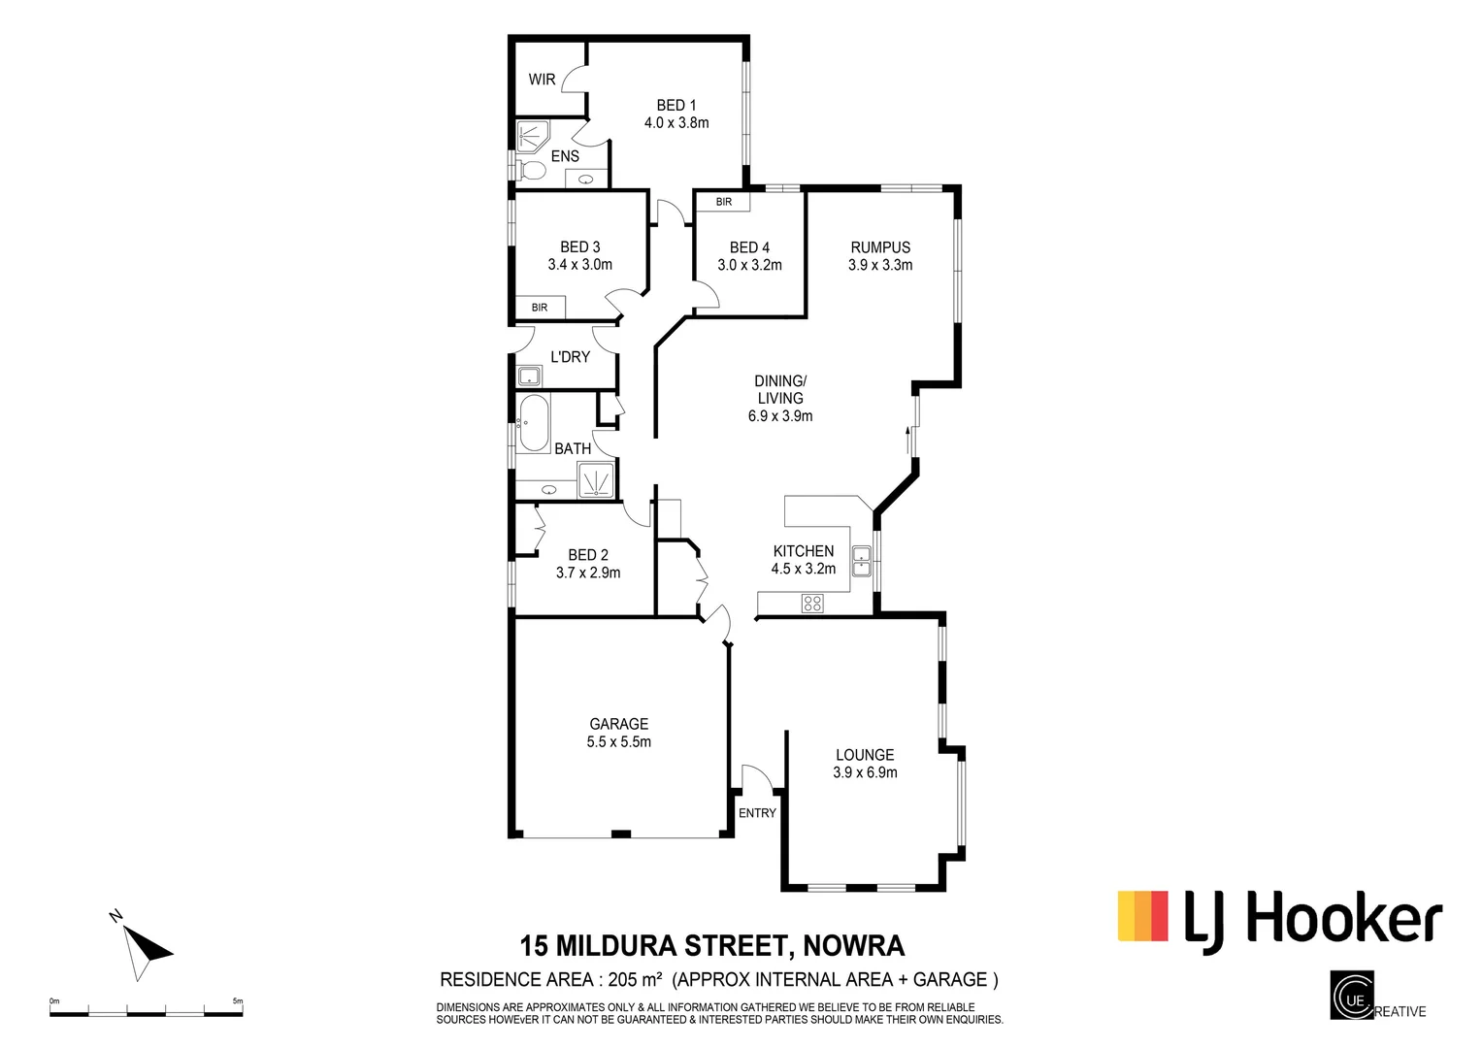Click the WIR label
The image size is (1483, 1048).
542,80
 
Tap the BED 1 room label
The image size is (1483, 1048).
676,105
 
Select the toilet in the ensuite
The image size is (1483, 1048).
531,172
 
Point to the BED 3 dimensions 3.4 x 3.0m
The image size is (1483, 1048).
580,265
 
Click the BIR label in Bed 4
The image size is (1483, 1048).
723,202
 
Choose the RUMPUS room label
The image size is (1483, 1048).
880,247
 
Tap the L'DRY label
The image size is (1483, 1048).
570,357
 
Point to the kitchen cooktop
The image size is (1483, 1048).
812,604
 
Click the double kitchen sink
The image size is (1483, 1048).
861,561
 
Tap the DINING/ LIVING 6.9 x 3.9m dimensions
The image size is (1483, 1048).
780,416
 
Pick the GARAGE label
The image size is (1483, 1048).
619,724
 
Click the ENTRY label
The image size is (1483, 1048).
757,813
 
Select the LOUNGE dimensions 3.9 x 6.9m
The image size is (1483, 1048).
865,772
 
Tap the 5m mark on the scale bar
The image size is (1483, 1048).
238,1001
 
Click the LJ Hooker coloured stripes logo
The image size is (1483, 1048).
1143,916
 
